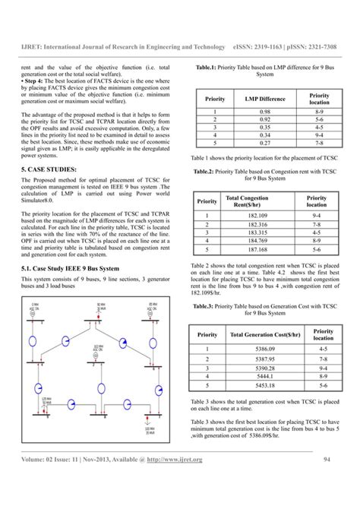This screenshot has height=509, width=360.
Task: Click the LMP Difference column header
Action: (x=265, y=98)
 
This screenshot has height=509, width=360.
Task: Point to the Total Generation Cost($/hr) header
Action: (x=255, y=334)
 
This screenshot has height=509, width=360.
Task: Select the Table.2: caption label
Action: (x=209, y=172)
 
